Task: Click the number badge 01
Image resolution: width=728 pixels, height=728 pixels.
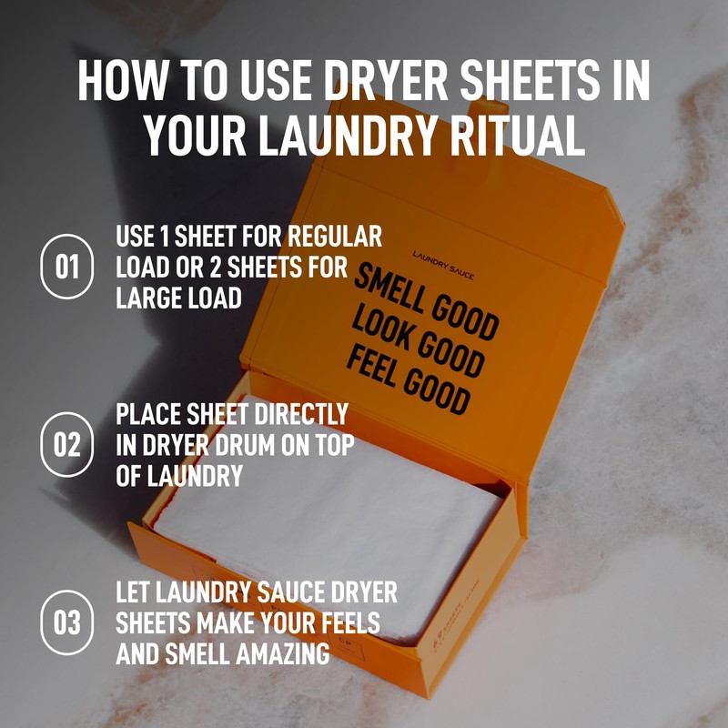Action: click(x=67, y=268)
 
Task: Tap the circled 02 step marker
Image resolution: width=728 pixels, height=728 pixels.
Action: click(x=67, y=445)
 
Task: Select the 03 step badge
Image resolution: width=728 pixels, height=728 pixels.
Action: click(x=67, y=623)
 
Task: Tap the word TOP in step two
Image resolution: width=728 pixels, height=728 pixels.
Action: click(x=330, y=445)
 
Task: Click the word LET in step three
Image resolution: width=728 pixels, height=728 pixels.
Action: click(x=134, y=592)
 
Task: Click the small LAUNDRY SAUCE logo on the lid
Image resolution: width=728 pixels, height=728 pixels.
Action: click(x=442, y=264)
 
